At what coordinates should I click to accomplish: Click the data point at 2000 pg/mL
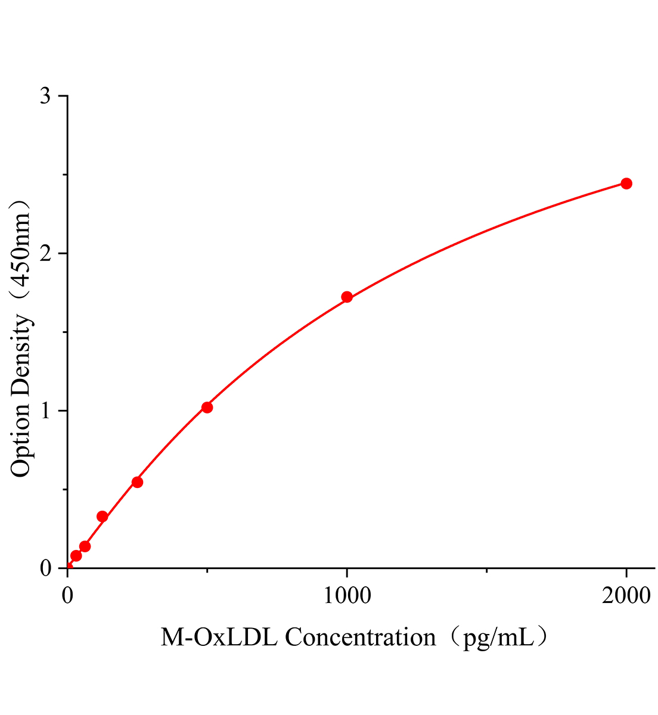626,184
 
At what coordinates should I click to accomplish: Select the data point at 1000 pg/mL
347,297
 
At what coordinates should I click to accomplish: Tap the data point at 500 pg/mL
207,408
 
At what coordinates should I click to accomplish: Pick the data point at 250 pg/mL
137,482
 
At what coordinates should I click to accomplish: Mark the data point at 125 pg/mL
102,517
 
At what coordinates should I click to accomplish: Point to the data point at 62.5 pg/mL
85,546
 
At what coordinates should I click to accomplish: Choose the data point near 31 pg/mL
76,556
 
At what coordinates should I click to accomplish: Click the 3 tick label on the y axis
45,97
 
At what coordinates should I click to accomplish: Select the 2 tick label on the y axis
45,254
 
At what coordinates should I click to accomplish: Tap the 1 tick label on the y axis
45,411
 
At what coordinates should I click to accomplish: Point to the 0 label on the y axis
45,568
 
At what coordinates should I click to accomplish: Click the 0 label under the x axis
67,595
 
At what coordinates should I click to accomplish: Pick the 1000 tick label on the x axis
346,595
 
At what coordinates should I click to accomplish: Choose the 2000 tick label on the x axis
626,595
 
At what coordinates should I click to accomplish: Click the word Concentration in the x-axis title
360,638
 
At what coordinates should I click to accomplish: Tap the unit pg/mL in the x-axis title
498,638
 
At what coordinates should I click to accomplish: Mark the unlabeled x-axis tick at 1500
486,571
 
